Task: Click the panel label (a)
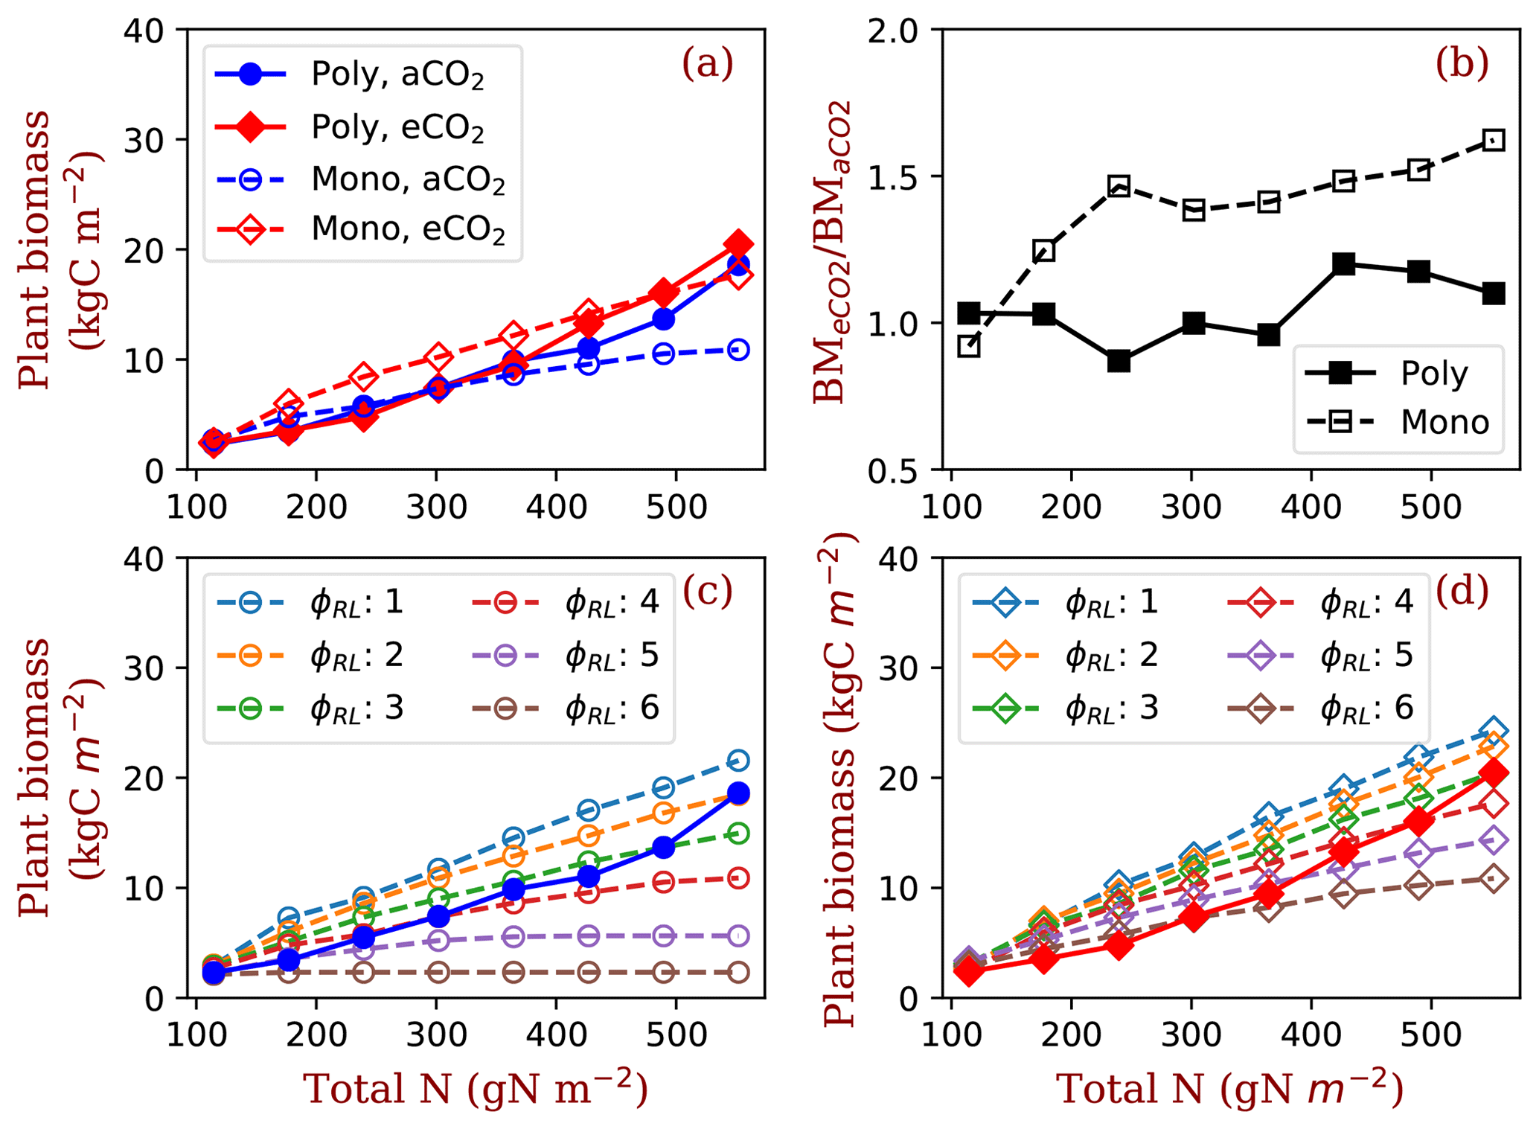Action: click(x=707, y=64)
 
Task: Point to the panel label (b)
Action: click(x=1462, y=64)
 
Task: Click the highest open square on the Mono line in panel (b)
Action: click(x=1494, y=140)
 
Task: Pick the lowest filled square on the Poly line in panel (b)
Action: click(x=1119, y=362)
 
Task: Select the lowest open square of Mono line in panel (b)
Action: click(x=969, y=346)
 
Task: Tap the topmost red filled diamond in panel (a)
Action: click(x=738, y=244)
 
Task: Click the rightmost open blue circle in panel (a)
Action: click(x=738, y=350)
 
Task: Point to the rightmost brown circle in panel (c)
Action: click(x=738, y=972)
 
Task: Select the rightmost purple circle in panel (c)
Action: click(x=738, y=935)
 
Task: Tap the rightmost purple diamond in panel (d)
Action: click(x=1494, y=840)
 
